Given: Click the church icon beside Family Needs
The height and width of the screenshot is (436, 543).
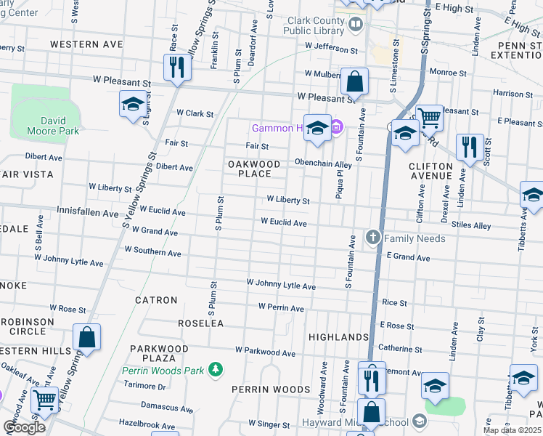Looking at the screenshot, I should tap(373, 238).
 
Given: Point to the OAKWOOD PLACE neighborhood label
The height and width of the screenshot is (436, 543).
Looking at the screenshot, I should tap(255, 169).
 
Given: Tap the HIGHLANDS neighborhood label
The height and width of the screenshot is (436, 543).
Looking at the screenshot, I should tap(338, 337).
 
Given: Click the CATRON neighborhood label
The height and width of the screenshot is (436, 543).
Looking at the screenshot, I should tap(156, 299).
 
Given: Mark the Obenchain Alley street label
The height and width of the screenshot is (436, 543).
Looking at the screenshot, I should tap(323, 163).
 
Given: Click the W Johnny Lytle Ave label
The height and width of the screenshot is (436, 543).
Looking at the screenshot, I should tap(281, 283).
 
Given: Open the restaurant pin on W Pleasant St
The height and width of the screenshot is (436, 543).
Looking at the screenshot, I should tap(176, 68).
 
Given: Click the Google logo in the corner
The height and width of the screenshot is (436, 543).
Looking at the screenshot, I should tap(24, 427).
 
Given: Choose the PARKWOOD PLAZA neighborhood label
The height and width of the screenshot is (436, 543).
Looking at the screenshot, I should tap(159, 353).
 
